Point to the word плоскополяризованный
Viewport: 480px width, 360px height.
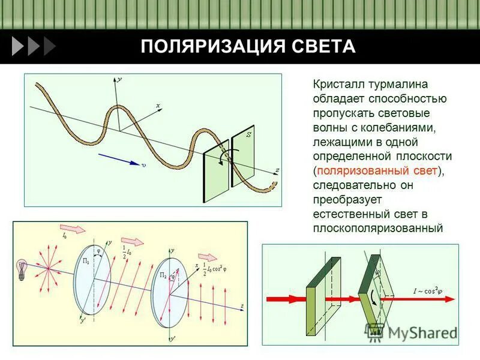377,229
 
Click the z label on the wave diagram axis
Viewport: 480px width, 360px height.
277,170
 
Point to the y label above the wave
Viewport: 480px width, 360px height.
120,79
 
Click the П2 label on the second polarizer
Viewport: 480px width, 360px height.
163,275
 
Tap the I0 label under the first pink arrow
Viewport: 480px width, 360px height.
65,236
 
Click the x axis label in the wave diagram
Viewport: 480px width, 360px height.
158,106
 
